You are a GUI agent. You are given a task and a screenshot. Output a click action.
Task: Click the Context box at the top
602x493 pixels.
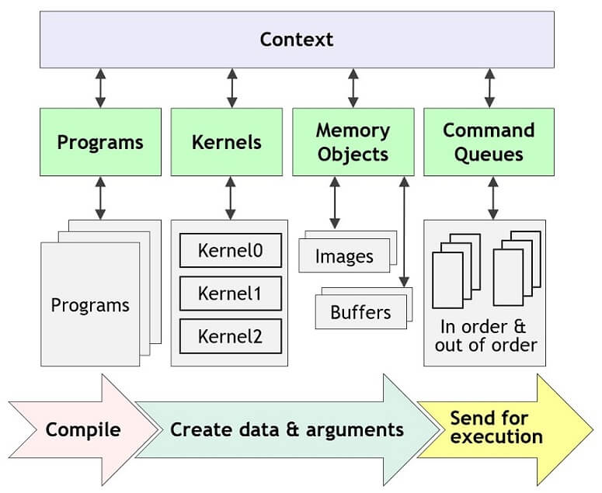coord(297,40)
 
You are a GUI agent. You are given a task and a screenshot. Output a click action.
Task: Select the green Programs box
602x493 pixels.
coord(100,141)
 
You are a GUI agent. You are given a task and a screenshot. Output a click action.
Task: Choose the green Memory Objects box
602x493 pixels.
coord(353,141)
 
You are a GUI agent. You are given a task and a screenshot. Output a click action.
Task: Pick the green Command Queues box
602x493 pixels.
coord(489,141)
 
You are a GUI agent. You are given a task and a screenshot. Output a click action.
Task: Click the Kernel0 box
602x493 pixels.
coord(231,251)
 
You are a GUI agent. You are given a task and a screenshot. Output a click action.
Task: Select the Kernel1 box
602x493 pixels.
coord(231,293)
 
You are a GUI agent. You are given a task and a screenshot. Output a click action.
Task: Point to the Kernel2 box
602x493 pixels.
coord(231,336)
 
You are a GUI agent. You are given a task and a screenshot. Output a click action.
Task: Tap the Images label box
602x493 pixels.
coord(344,256)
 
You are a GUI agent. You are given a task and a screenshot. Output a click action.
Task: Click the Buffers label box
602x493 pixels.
coord(360,313)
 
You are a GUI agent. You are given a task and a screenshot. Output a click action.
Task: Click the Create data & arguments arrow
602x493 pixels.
coord(287,429)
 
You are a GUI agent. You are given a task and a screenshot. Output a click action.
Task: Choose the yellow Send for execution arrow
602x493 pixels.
coord(497,426)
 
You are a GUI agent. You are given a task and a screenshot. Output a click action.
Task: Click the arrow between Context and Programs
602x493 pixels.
coord(100,88)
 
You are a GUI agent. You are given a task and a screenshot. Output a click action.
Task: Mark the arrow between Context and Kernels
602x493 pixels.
coord(231,88)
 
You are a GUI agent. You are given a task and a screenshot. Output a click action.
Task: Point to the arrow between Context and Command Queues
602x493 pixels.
coord(489,88)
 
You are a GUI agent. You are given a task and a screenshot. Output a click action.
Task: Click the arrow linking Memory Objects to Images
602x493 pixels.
coord(335,202)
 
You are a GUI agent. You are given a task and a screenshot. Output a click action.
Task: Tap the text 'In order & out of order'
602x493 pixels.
coord(486,335)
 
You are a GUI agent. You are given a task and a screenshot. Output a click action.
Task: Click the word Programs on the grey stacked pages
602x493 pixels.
coord(89,304)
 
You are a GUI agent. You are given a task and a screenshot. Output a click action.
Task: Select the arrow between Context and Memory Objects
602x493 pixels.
coord(353,88)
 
